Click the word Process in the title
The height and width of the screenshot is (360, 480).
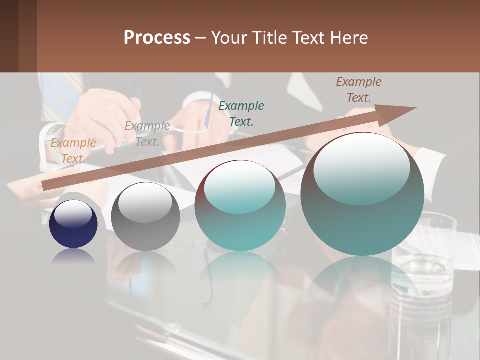point(157,38)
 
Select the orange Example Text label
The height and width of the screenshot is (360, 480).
point(73,150)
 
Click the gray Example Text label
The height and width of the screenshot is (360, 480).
point(147,134)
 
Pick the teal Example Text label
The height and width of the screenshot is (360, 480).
point(241,113)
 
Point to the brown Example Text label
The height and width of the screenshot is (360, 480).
point(359,90)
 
